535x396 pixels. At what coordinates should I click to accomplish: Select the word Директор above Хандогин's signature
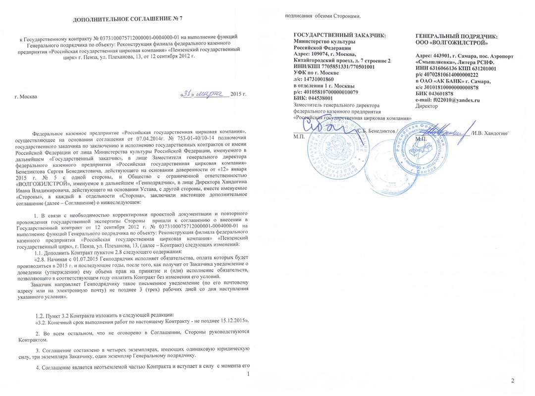pyautogui.click(x=427, y=106)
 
